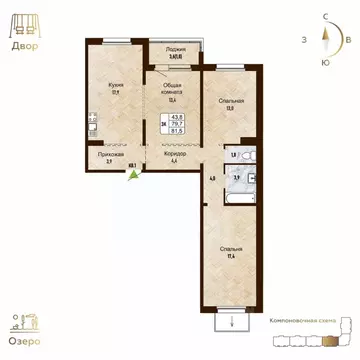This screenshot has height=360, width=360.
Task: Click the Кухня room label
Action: click(117, 87)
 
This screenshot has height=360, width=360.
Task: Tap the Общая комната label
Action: click(171, 89)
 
